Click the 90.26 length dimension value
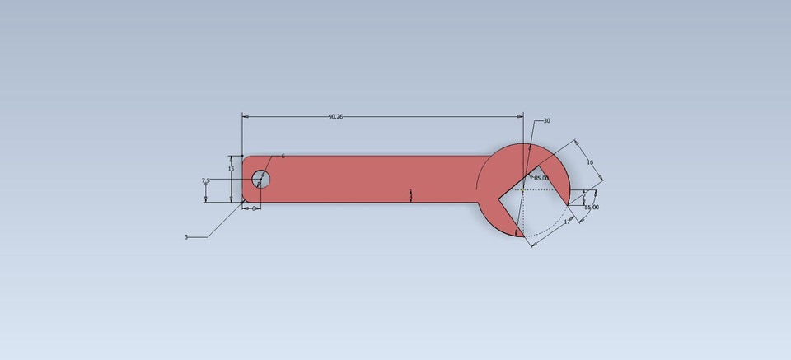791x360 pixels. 335,117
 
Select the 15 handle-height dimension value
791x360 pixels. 231,169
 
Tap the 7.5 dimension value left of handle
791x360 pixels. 206,180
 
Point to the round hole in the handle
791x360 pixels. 260,179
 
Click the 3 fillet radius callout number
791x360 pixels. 186,237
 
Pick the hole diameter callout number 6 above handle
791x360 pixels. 283,156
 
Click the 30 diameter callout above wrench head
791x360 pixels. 546,121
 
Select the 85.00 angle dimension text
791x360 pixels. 541,178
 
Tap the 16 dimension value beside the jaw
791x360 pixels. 590,163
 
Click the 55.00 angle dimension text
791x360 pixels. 592,208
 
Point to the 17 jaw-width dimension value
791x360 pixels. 567,222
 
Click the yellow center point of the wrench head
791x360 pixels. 523,189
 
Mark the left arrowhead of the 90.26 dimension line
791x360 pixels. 245,117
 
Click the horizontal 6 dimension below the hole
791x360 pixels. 253,208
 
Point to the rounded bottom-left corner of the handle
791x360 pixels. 245,200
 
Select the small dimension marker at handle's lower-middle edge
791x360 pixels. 410,195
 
